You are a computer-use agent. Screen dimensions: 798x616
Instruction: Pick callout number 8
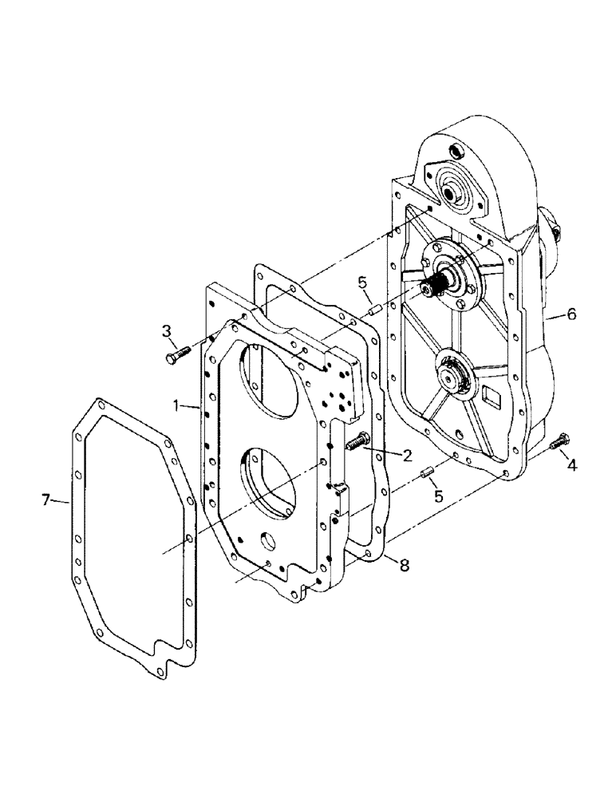click(x=405, y=564)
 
